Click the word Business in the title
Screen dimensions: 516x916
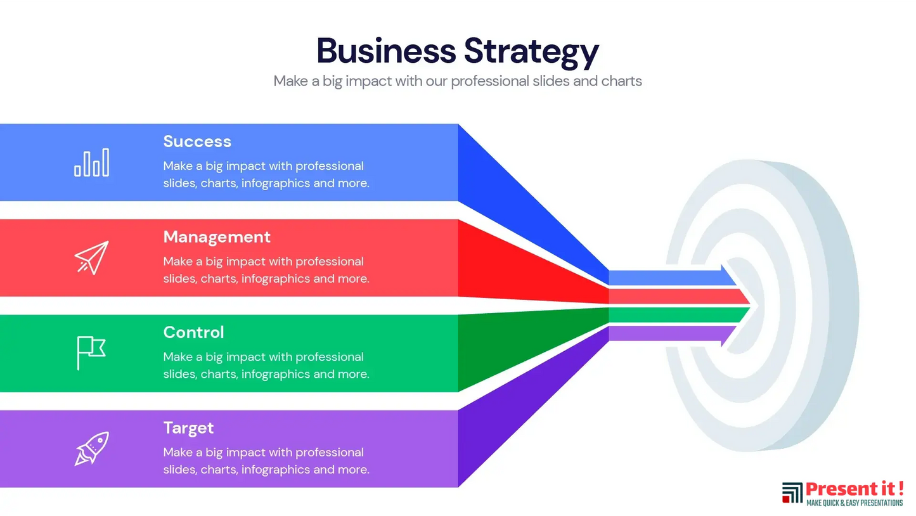(x=386, y=51)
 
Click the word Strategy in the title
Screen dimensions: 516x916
(x=531, y=53)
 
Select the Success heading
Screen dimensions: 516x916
(x=197, y=141)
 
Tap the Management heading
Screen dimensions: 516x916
(x=217, y=237)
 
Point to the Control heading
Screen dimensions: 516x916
(x=193, y=332)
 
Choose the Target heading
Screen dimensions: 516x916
(x=188, y=428)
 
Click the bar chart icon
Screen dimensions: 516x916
(x=92, y=163)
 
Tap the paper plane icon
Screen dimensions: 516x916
(x=92, y=257)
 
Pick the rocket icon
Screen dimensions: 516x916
(x=92, y=449)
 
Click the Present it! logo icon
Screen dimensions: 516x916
(x=792, y=493)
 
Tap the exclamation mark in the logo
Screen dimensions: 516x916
(x=900, y=489)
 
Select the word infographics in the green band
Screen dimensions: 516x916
(x=276, y=374)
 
